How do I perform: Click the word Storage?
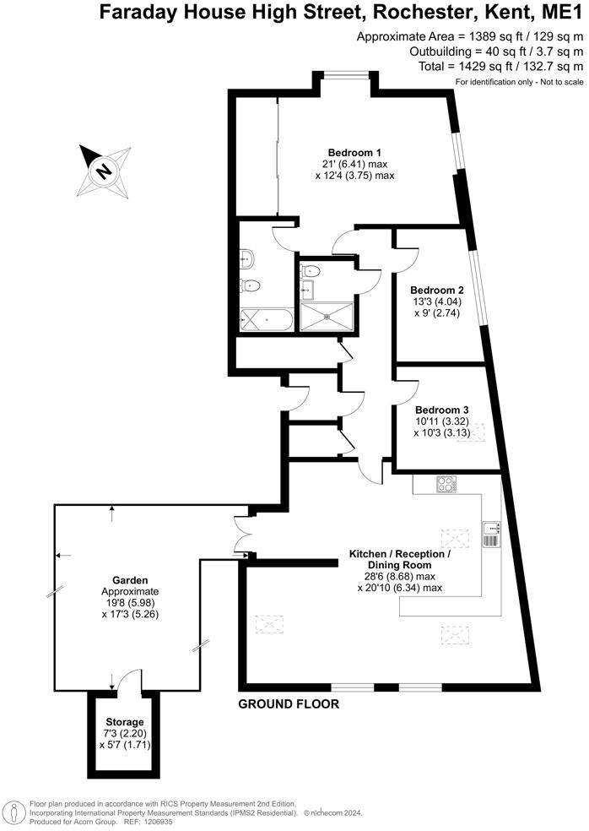coord(125,722)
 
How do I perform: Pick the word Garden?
coord(131,581)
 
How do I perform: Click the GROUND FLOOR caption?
coord(288,703)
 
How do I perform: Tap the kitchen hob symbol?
coord(446,484)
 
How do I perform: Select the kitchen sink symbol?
coord(491,533)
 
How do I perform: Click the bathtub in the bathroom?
coord(266,320)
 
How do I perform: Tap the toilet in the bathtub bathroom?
coord(248,285)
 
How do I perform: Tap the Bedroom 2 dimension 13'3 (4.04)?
coord(432,301)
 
